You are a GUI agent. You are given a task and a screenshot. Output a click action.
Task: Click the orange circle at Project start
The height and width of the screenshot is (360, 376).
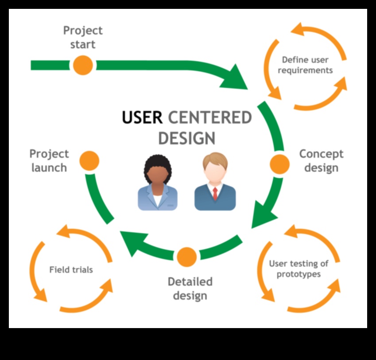point(83,65)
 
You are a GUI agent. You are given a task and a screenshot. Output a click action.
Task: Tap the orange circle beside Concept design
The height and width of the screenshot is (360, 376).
point(279,164)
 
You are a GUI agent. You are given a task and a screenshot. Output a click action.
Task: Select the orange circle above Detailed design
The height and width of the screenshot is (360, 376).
point(186,257)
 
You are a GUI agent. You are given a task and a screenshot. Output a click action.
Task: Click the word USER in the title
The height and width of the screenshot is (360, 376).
point(143,118)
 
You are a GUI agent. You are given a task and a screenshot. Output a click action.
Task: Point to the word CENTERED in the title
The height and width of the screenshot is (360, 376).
point(210,118)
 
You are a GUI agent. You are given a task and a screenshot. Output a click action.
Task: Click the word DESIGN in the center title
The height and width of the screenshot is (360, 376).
point(186,138)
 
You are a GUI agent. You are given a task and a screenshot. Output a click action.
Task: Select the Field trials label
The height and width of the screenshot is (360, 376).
point(71,270)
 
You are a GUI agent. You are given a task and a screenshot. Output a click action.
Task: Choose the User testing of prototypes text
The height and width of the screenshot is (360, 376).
point(298,269)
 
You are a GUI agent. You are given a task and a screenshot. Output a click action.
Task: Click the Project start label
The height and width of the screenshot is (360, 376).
point(82,37)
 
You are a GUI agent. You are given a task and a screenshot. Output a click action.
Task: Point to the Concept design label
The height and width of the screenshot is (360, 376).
point(321,161)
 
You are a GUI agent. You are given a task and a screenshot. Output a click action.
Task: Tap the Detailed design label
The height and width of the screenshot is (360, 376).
point(190,288)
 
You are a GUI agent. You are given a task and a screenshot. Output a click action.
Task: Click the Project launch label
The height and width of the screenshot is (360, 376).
point(49,160)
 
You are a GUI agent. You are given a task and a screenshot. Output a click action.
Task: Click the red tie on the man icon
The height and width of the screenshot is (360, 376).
point(215,193)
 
